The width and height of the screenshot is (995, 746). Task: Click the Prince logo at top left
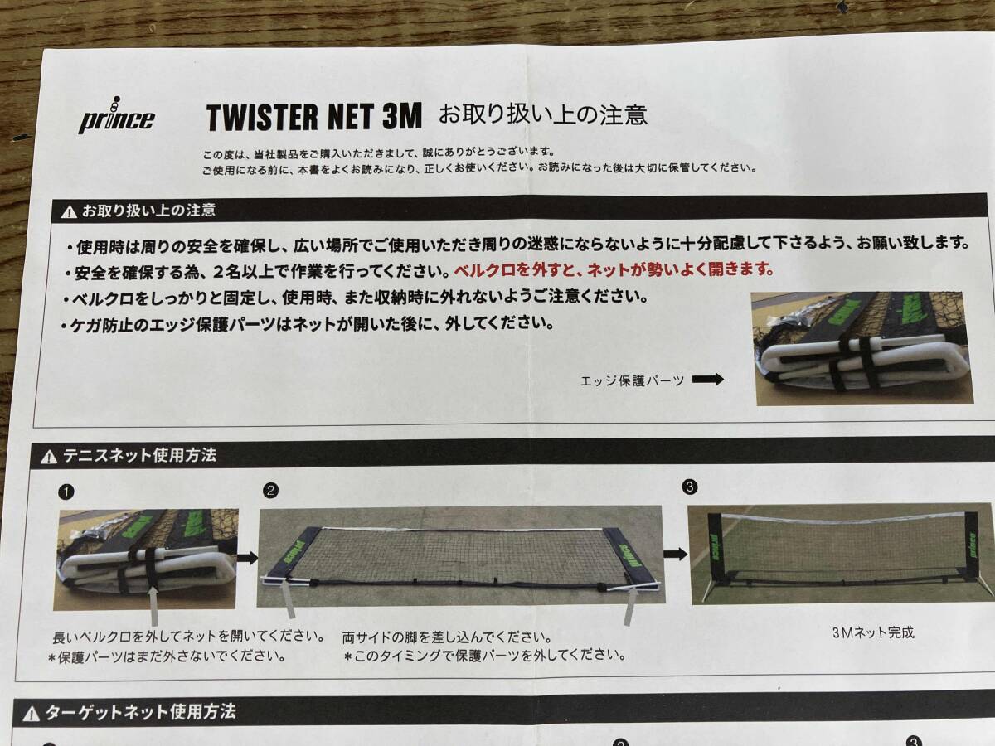tap(116, 118)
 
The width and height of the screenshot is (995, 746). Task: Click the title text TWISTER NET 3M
tap(314, 117)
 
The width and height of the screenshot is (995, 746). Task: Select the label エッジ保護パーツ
tap(633, 380)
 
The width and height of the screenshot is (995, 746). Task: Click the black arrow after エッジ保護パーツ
tap(707, 380)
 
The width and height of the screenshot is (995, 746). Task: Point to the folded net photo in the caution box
tap(862, 347)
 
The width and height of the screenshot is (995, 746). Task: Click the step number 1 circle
tap(65, 492)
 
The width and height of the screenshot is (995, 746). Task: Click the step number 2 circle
tap(269, 491)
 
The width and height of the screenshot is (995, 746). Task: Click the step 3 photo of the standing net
tap(839, 554)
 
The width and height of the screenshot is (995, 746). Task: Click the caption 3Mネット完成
tap(872, 632)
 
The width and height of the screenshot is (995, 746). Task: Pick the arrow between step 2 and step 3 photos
tap(675, 553)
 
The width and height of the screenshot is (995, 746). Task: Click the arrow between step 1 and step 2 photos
tap(247, 558)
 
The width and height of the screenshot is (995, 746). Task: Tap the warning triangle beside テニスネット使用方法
tap(48, 456)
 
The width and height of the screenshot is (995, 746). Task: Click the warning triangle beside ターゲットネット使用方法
tap(32, 713)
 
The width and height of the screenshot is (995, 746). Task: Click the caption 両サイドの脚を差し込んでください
tap(447, 637)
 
